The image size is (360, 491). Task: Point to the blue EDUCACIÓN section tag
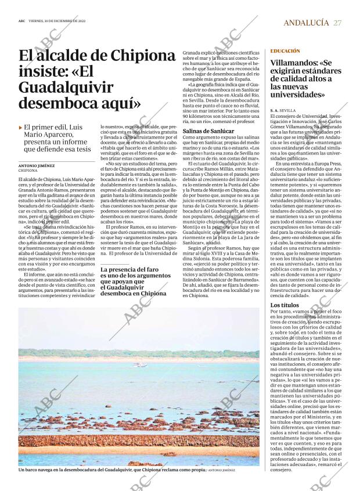[x=285, y=52]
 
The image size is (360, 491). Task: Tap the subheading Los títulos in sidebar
[x=285, y=305]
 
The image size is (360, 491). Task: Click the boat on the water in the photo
[x=139, y=364]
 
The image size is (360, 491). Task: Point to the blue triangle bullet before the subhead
[x=21, y=127]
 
